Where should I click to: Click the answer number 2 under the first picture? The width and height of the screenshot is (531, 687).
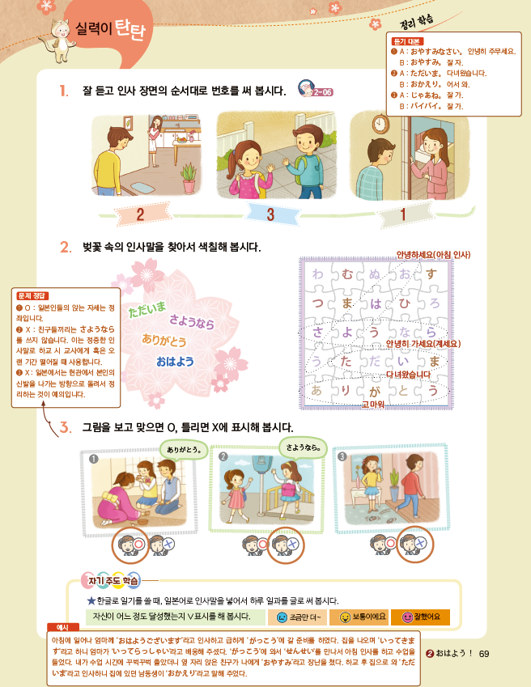pos(140,214)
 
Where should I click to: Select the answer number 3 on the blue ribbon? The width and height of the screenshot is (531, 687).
pos(272,214)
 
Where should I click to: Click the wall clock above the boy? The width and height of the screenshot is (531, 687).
pos(378,122)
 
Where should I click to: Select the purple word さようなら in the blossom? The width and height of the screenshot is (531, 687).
pos(192,322)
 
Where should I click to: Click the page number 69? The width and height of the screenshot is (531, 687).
pos(485,655)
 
